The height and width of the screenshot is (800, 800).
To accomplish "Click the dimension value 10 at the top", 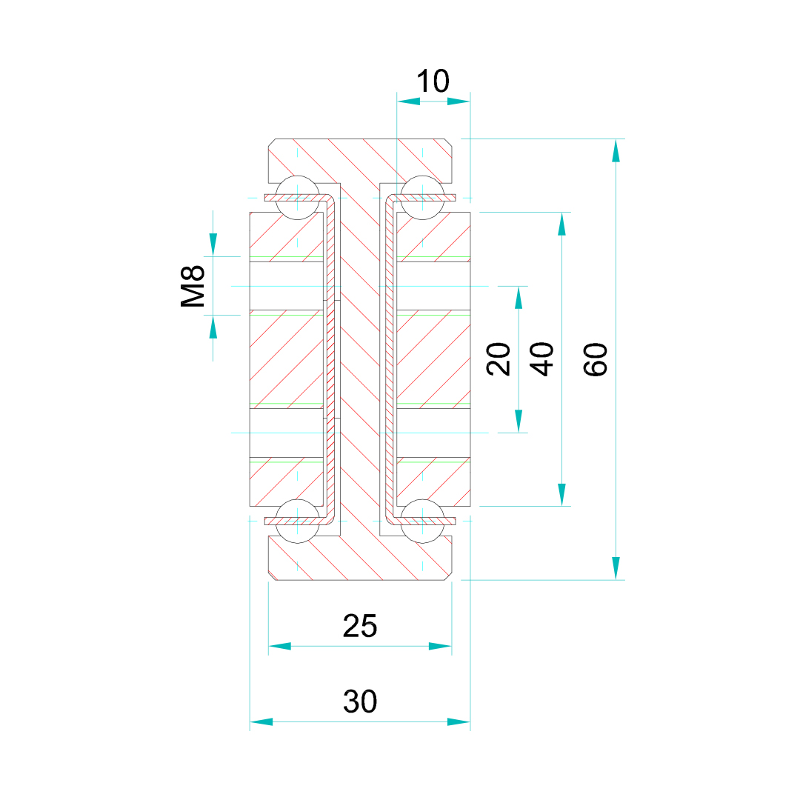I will point(433,81).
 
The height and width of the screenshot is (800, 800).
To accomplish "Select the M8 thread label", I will point(194,286).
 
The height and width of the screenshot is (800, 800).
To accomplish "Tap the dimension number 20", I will point(500,359).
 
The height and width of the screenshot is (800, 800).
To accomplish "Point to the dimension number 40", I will point(544,359).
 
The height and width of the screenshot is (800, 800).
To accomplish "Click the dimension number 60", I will point(596,359).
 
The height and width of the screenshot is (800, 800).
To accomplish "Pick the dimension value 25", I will point(360,627).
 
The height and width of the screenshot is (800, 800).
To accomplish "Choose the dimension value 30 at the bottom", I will point(360,701).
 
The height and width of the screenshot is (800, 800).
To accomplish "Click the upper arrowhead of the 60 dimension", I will point(616,150).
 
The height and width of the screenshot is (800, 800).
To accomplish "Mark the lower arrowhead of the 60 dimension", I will point(616,568).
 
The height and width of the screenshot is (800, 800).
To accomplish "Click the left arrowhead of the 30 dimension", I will point(261,721).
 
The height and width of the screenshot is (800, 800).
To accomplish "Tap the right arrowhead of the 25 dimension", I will point(440,646).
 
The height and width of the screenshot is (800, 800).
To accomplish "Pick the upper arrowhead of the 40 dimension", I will point(562,224).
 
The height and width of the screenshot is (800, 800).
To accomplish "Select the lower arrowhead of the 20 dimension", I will point(519,421).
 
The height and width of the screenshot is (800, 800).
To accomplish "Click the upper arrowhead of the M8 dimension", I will point(213,244).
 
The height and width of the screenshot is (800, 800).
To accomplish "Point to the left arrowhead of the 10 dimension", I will point(408,101).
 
